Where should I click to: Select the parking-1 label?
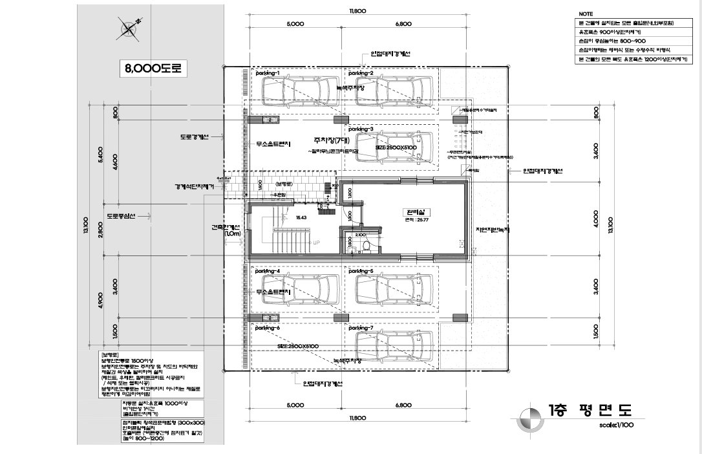pyautogui.click(x=268, y=74)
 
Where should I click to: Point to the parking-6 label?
pyautogui.click(x=268, y=328)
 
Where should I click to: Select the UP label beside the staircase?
pyautogui.click(x=316, y=243)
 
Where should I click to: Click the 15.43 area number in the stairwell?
pyautogui.click(x=301, y=218)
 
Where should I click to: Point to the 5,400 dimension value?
pyautogui.click(x=100, y=155)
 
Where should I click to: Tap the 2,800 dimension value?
pyautogui.click(x=100, y=230)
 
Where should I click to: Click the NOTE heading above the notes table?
pyautogui.click(x=586, y=14)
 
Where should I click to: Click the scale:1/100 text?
pyautogui.click(x=617, y=426)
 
